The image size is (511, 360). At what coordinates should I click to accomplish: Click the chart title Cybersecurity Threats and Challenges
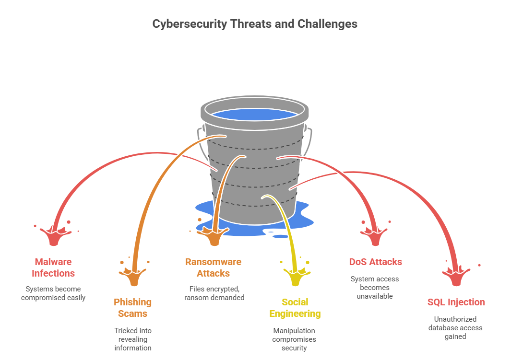point(255,23)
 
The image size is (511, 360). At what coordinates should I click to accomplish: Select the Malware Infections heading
point(53,267)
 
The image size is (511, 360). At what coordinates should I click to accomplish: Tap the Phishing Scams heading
point(133,308)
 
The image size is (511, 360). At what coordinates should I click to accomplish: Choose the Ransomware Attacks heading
point(214,267)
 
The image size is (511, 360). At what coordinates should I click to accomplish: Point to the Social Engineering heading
point(295,308)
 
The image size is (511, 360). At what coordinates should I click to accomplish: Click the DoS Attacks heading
point(375,262)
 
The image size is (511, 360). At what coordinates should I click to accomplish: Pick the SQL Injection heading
point(456,302)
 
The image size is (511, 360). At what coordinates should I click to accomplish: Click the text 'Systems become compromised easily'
point(53,293)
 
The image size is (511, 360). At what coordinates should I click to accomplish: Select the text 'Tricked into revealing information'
point(133,339)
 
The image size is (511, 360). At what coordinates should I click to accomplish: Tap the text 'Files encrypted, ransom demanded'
point(214,293)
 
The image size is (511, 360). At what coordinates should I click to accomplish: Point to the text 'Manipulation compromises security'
point(294,339)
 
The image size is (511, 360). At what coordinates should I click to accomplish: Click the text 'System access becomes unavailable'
point(375,288)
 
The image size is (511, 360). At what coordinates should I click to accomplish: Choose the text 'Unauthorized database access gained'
point(455,327)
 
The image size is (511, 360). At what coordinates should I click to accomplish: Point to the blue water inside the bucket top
point(254,115)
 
